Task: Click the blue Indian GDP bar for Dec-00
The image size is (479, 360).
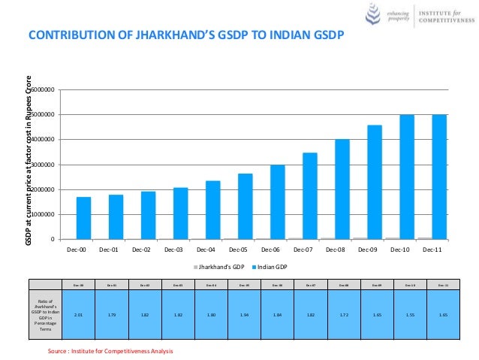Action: [x=84, y=218]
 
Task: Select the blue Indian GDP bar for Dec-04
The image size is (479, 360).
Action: [x=213, y=210]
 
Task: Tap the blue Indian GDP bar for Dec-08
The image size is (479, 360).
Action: [x=342, y=189]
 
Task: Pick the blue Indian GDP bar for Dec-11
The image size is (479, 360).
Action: [x=439, y=177]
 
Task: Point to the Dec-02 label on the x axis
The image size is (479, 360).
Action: [x=142, y=250]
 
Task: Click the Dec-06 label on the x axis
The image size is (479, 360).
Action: [x=271, y=250]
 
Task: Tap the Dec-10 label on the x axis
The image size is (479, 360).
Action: [x=400, y=250]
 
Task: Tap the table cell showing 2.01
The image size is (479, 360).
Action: [x=78, y=316]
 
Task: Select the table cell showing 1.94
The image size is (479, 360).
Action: [x=244, y=316]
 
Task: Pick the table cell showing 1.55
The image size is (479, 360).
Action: [x=410, y=316]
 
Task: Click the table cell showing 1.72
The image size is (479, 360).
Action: [x=343, y=316]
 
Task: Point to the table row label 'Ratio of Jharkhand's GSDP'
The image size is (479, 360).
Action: [x=45, y=316]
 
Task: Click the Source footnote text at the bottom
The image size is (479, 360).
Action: [x=110, y=351]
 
